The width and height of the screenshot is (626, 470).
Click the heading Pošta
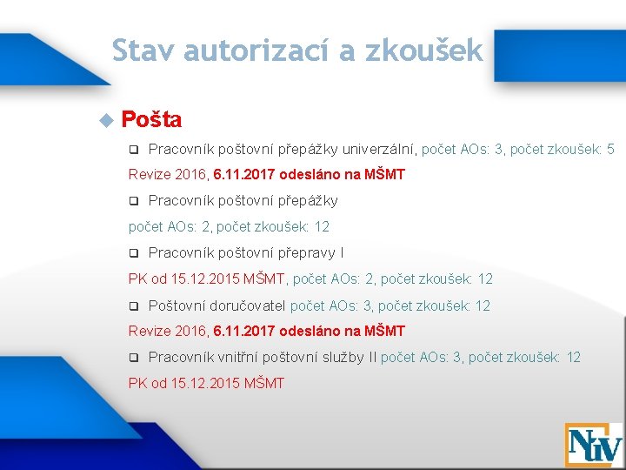(x=152, y=118)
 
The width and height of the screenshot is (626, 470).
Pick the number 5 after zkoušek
(x=610, y=150)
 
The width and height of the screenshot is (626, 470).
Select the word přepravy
(x=306, y=253)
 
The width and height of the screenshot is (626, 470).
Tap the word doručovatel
(x=248, y=305)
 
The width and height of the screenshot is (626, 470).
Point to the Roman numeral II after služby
(x=372, y=357)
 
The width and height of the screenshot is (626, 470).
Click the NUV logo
(x=594, y=444)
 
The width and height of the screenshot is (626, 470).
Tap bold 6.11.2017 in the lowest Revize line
(x=246, y=331)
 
